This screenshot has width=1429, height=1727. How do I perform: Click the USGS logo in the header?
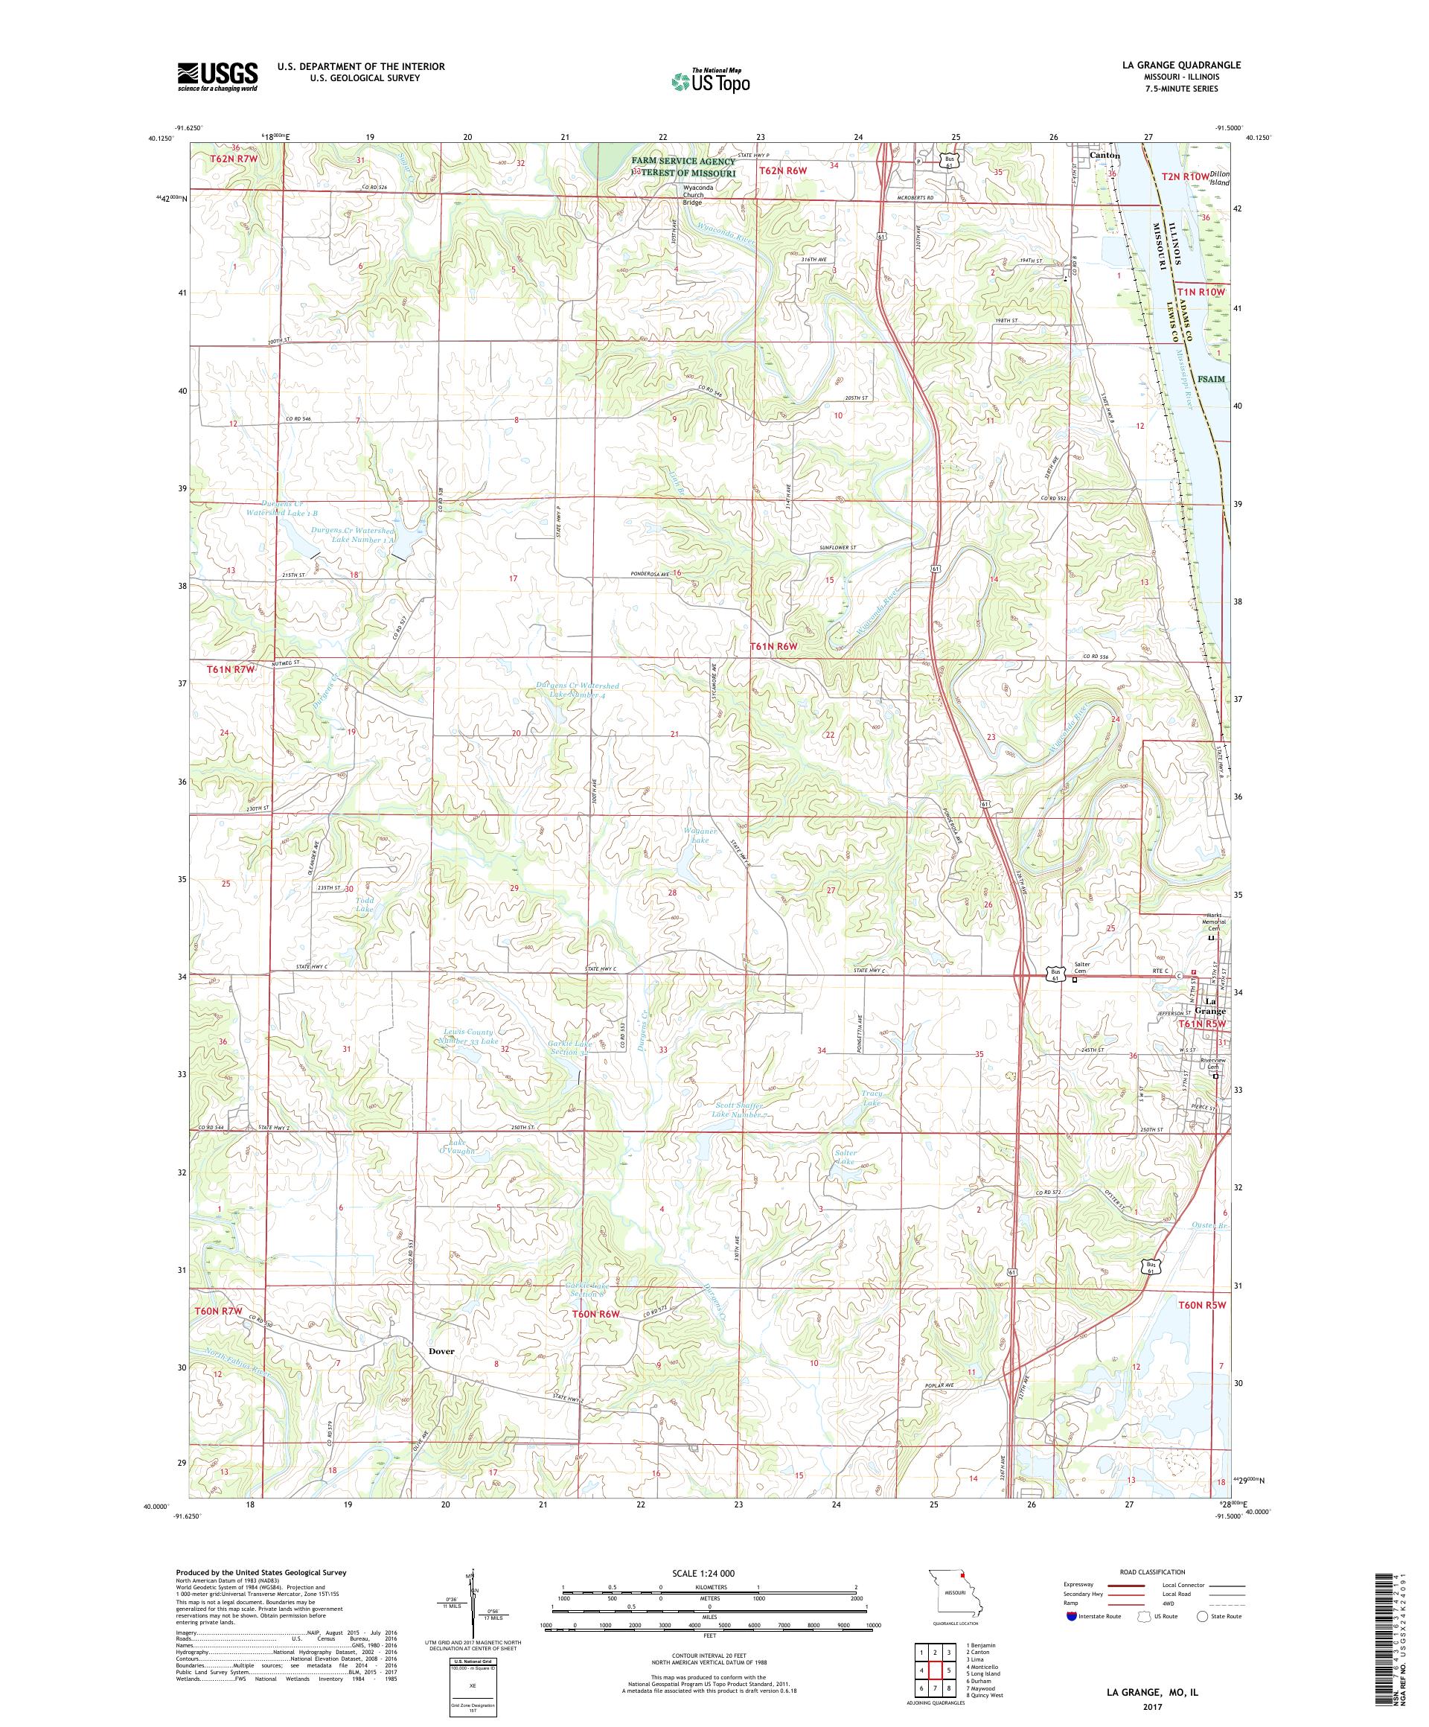(217, 77)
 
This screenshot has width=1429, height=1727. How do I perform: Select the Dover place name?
(440, 1351)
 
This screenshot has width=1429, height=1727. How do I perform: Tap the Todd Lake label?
(364, 904)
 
